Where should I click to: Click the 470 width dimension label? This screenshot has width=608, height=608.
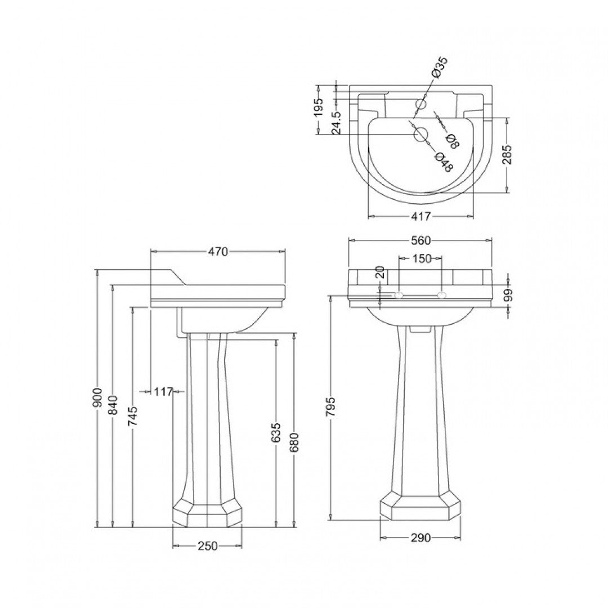coord(218,252)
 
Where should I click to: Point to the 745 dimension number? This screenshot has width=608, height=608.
coord(133,417)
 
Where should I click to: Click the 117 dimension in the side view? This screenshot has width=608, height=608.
coord(163,392)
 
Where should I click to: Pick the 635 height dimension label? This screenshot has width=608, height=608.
coord(276,432)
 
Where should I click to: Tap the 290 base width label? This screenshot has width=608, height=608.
coord(420,538)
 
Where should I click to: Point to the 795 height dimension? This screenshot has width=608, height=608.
coord(330,407)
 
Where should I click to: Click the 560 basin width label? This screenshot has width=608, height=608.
coord(420,241)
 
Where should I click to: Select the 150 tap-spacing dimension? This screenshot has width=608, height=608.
coord(420,259)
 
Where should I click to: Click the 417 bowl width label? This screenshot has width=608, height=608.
coord(420,216)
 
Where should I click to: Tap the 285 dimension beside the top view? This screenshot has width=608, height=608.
coord(508,156)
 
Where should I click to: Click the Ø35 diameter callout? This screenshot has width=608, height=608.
coord(439,67)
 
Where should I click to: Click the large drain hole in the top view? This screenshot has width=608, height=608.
coord(421,134)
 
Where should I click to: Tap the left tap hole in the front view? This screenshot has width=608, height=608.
coord(399,295)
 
